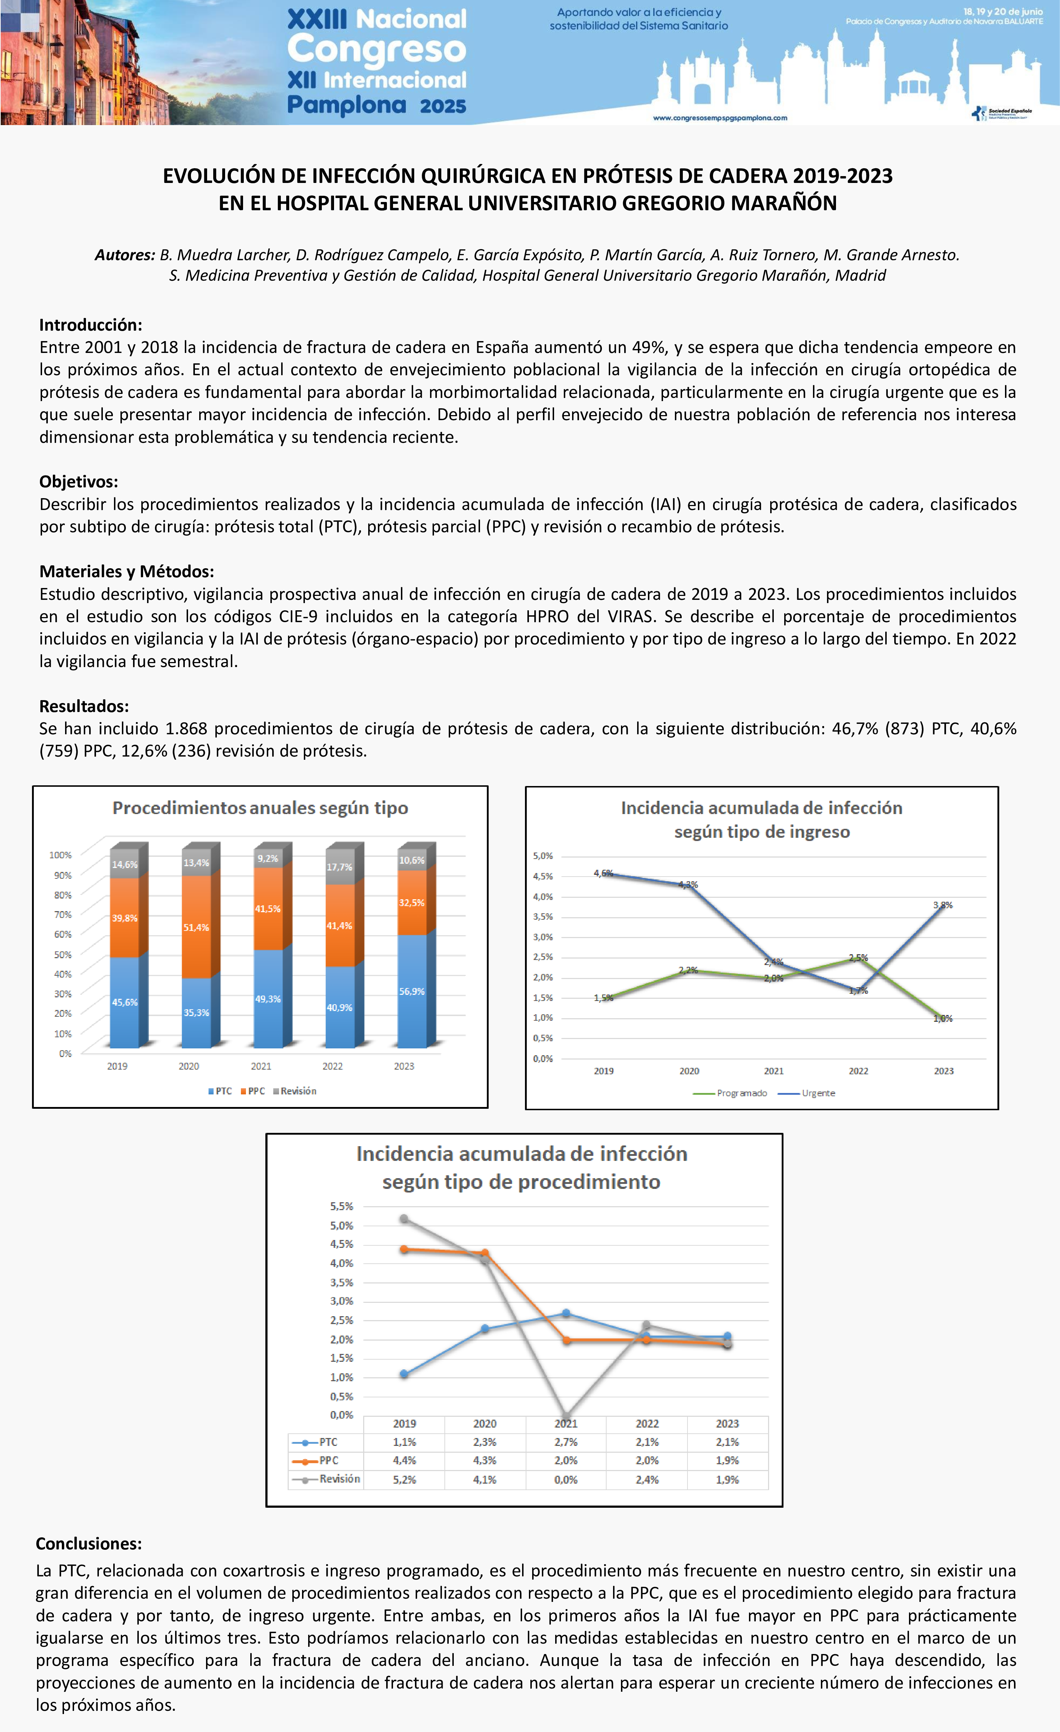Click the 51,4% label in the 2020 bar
point(196,928)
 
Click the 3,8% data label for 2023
point(942,905)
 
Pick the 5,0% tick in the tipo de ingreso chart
point(543,856)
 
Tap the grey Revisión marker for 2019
point(404,1219)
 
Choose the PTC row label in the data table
point(328,1442)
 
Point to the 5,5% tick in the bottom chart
point(342,1206)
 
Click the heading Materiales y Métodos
point(127,571)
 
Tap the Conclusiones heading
point(88,1544)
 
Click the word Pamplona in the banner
point(347,105)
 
